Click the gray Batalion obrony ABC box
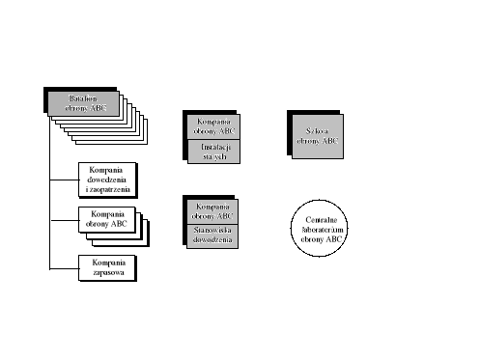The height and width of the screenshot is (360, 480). click(x=83, y=103)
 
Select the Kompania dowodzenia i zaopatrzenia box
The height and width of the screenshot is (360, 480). click(x=107, y=178)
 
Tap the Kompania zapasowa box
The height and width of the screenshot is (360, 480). click(x=107, y=267)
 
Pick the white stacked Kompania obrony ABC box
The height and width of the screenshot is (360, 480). click(x=107, y=219)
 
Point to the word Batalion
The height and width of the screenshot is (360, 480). click(x=84, y=98)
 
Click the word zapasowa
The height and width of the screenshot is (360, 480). click(x=107, y=272)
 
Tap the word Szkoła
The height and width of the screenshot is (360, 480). click(x=314, y=130)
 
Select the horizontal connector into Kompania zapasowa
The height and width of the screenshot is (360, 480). click(x=64, y=267)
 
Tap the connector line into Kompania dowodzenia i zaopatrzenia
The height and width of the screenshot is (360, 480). click(x=64, y=178)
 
